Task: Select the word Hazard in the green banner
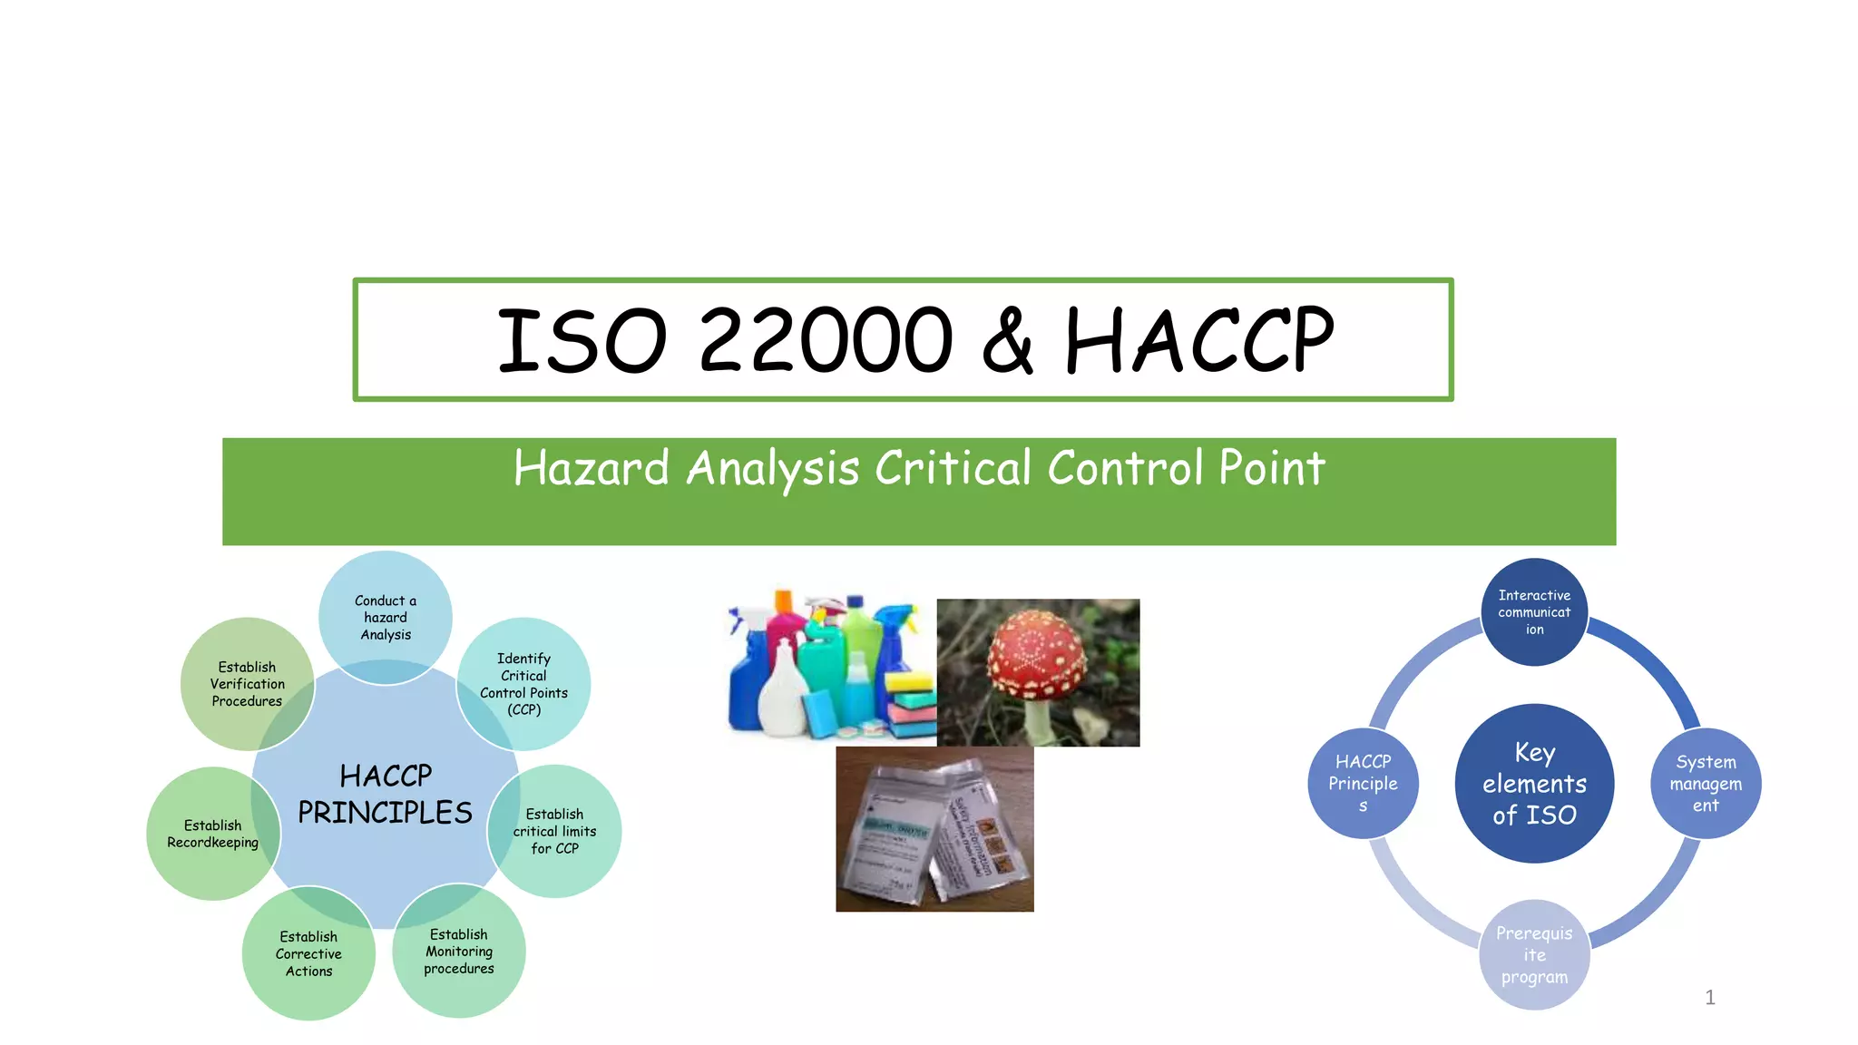pos(592,468)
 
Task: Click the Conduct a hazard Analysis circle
pos(386,617)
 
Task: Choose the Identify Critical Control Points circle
pos(524,684)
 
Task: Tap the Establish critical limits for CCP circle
pos(555,831)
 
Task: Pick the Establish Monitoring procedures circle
pos(459,952)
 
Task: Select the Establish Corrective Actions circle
pos(308,953)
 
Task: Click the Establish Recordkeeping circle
pos(212,834)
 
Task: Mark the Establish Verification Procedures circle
pos(247,684)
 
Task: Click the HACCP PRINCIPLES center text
pos(386,795)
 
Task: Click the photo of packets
pos(934,829)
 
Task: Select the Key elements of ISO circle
pos(1534,784)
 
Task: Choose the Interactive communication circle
pos(1534,612)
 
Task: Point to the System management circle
pos(1706,784)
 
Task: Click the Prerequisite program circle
pos(1534,955)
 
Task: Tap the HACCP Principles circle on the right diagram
pos(1363,784)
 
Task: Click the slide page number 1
pos(1710,998)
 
